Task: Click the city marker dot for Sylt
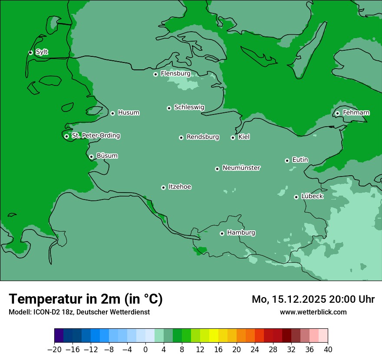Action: pyautogui.click(x=30, y=52)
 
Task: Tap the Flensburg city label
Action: pyautogui.click(x=175, y=74)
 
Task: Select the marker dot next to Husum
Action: pyautogui.click(x=112, y=113)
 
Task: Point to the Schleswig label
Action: pyautogui.click(x=189, y=108)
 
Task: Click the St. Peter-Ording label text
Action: pyautogui.click(x=95, y=136)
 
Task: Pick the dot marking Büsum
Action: pyautogui.click(x=91, y=157)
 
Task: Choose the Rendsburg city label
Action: pyautogui.click(x=203, y=137)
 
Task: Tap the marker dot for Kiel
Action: pyautogui.click(x=233, y=137)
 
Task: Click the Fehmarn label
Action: pyautogui.click(x=356, y=113)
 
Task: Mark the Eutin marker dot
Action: pyautogui.click(x=287, y=160)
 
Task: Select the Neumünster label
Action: pyautogui.click(x=241, y=168)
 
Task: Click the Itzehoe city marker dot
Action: pyautogui.click(x=163, y=187)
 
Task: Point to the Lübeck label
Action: pyautogui.click(x=312, y=196)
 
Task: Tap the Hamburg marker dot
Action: pyautogui.click(x=222, y=233)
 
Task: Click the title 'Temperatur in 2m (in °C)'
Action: pyautogui.click(x=86, y=299)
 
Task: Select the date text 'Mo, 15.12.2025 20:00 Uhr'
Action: pyautogui.click(x=313, y=299)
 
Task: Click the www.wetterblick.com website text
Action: pyautogui.click(x=313, y=312)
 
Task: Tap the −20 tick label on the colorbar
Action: pyautogui.click(x=54, y=350)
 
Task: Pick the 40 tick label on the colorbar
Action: pyautogui.click(x=328, y=350)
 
